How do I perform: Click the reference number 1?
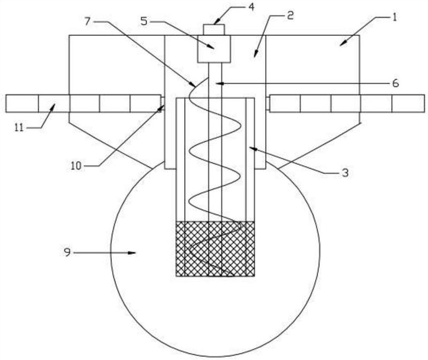pos(394,18)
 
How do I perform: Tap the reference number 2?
pos(290,16)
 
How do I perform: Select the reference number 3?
pos(345,173)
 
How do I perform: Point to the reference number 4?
pos(251,7)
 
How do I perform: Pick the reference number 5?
pos(144,21)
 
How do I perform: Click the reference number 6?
pos(395,83)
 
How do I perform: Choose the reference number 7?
pos(87,21)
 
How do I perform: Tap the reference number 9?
pos(67,252)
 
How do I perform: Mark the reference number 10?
pos(76,165)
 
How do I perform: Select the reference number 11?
pos(19,128)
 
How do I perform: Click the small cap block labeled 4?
pos(213,30)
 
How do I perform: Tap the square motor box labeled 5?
pos(214,49)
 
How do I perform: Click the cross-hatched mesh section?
pos(215,249)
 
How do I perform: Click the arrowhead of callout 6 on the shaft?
pos(223,83)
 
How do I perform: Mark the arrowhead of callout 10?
pos(160,109)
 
